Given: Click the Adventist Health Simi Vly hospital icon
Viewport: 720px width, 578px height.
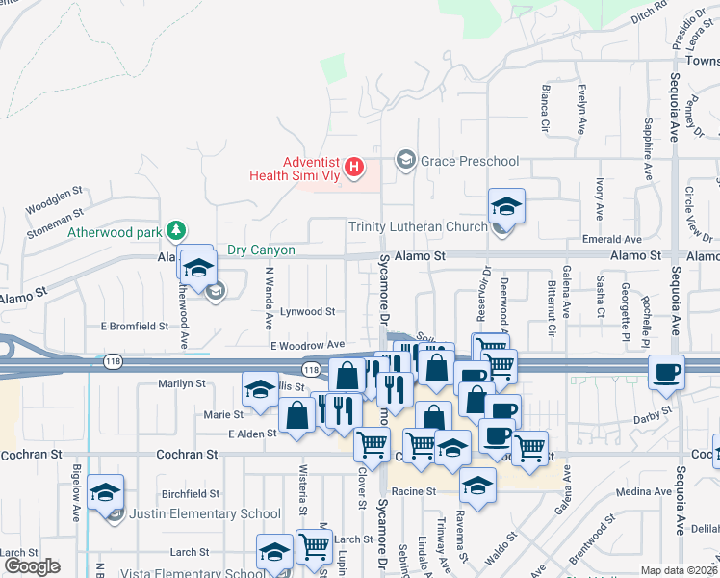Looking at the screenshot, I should [354, 169].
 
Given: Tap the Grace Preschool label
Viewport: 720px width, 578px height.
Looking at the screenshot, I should [470, 161].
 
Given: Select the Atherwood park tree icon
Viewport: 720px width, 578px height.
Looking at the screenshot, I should [175, 230].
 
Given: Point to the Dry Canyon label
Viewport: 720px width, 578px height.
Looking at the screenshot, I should [260, 250].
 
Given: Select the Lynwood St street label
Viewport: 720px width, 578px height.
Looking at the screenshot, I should [307, 312].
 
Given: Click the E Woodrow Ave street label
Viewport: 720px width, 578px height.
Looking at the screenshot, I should [307, 344].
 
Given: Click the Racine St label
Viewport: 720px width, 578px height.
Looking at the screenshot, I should [418, 490].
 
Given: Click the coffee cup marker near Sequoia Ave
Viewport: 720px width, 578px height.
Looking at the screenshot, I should [666, 373].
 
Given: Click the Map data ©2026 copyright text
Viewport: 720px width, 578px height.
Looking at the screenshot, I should [679, 570].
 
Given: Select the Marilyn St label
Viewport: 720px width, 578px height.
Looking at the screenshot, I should [181, 382].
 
